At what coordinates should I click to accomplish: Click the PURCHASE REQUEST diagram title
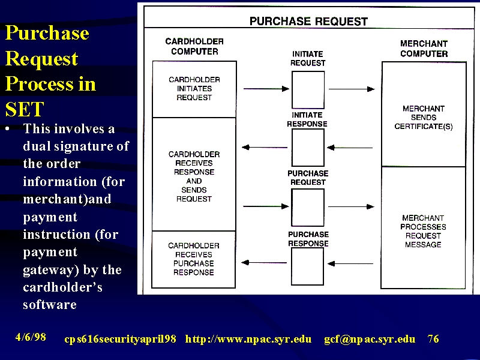point(308,22)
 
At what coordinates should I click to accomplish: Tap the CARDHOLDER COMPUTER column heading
point(194,46)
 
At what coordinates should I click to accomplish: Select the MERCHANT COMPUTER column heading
point(424,49)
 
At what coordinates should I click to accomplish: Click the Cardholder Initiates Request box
point(194,89)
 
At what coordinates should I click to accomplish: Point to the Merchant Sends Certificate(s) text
point(424,118)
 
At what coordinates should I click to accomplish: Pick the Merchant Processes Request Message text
point(423,231)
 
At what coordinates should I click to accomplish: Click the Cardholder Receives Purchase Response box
point(194,259)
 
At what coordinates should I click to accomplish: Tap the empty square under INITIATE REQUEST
point(308,89)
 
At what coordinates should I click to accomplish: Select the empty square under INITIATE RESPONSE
point(308,148)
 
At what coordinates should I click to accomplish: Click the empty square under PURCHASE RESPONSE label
point(307,266)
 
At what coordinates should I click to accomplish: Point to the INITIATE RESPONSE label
point(307,119)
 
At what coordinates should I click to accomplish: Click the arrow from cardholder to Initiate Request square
point(266,89)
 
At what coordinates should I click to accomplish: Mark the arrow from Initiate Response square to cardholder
point(265,147)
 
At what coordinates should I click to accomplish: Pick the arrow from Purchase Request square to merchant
point(351,206)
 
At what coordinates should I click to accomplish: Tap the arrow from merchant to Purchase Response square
point(350,263)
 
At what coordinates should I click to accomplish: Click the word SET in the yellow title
point(25,109)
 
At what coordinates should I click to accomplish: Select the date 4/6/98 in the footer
point(31,337)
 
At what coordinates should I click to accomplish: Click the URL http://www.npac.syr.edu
point(248,339)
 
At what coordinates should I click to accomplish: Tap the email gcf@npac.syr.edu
point(370,339)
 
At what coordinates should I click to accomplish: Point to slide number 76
point(433,338)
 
